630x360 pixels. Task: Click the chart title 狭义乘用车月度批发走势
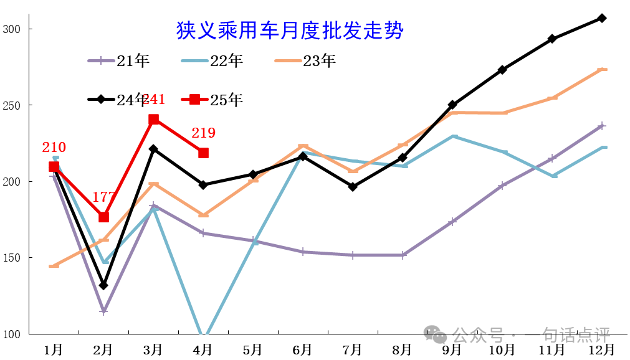pyautogui.click(x=290, y=30)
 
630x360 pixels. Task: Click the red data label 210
pyautogui.click(x=54, y=148)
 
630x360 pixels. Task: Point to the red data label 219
pyautogui.click(x=203, y=133)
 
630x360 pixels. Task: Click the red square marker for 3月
pyautogui.click(x=153, y=120)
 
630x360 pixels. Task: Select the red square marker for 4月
pyautogui.click(x=203, y=153)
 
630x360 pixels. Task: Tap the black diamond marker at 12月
pyautogui.click(x=602, y=18)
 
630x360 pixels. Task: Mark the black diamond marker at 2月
pyautogui.click(x=103, y=285)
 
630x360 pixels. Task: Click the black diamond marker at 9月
pyautogui.click(x=452, y=105)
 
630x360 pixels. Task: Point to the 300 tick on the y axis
pyautogui.click(x=12, y=29)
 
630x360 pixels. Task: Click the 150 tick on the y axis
pyautogui.click(x=12, y=258)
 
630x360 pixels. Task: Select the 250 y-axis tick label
pyautogui.click(x=12, y=105)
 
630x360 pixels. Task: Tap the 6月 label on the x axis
pyautogui.click(x=302, y=349)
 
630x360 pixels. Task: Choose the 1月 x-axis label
pyautogui.click(x=54, y=349)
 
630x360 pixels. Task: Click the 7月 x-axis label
pyautogui.click(x=352, y=349)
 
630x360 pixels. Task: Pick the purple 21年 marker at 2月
pyautogui.click(x=103, y=311)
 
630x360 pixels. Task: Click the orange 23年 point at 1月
pyautogui.click(x=54, y=266)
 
